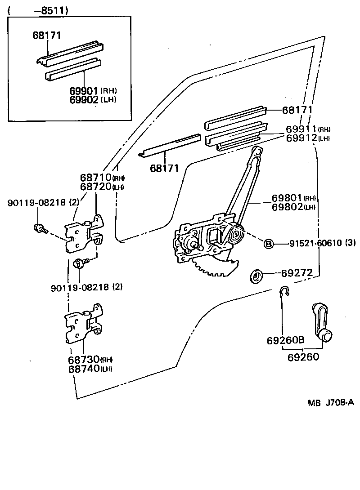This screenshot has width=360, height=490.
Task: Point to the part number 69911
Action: (x=301, y=129)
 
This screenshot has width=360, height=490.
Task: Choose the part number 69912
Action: (x=301, y=138)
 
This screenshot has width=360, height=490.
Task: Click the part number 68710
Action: (x=96, y=178)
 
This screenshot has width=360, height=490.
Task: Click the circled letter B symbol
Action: (x=268, y=244)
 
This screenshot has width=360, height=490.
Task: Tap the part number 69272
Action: (x=296, y=273)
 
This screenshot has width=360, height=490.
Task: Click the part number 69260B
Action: (x=284, y=341)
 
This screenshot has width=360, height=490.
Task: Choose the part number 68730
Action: (x=84, y=360)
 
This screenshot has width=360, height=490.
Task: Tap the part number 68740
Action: (x=84, y=369)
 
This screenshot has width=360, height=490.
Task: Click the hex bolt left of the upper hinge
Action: (x=38, y=228)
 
